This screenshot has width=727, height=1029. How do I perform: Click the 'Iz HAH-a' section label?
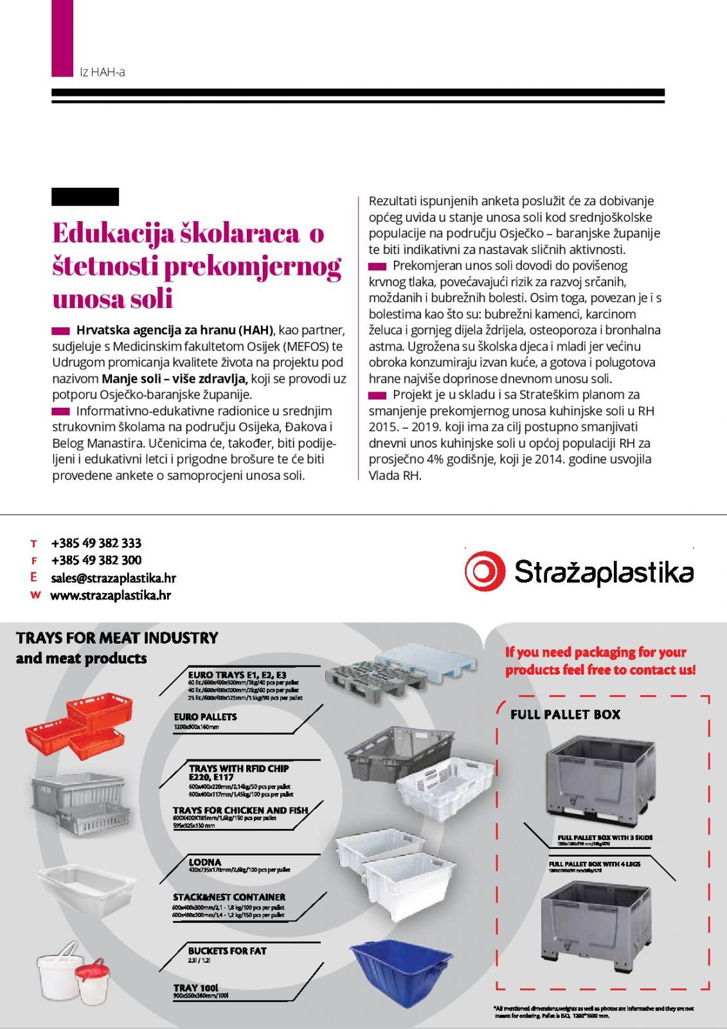(x=102, y=72)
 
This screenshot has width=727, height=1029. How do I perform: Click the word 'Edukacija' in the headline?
(x=112, y=233)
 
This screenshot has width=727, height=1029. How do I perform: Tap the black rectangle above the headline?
(x=85, y=197)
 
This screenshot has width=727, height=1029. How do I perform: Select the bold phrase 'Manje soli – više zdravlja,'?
(x=175, y=379)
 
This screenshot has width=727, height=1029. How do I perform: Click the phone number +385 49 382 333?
(x=96, y=543)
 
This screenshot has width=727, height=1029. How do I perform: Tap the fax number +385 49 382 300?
(x=96, y=560)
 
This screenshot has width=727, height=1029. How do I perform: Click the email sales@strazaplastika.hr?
(x=113, y=578)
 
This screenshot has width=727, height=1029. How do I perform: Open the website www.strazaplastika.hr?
(x=111, y=596)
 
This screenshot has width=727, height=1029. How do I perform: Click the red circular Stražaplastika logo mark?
(x=485, y=571)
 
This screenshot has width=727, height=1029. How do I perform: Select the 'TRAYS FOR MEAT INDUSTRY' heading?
(x=117, y=638)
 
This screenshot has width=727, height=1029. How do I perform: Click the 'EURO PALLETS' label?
(x=205, y=716)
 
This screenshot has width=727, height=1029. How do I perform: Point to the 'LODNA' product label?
(x=204, y=862)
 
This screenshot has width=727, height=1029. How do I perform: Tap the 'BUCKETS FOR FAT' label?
(x=227, y=951)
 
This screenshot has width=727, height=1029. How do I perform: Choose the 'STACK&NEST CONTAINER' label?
(x=229, y=897)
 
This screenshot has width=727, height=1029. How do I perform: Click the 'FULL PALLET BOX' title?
(x=565, y=715)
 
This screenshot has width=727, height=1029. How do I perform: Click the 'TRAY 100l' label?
(x=195, y=988)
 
